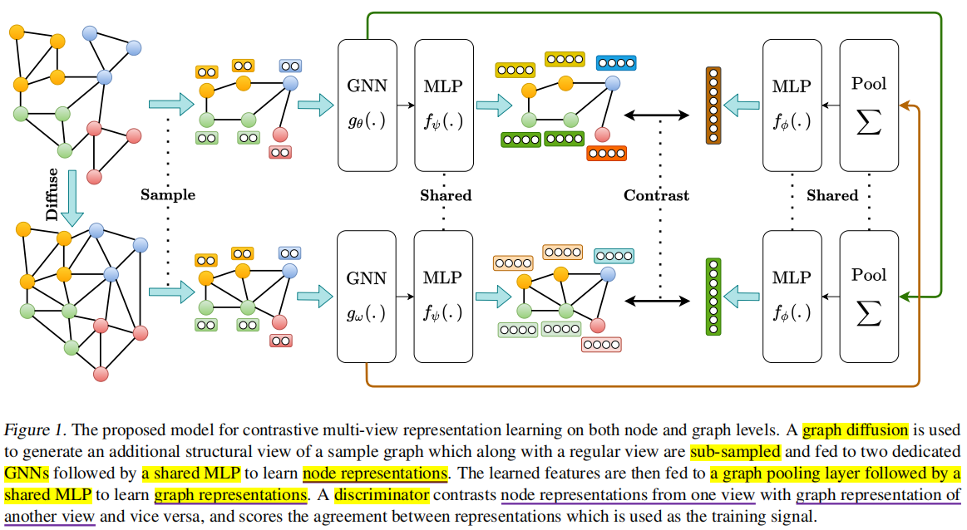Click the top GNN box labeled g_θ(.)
[367, 104]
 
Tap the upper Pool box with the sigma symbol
[869, 104]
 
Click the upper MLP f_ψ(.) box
[443, 104]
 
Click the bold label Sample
[167, 194]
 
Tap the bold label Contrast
[656, 195]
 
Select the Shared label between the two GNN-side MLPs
[445, 195]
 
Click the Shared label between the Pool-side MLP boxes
[831, 195]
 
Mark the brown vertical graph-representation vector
[712, 105]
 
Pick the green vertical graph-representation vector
[712, 297]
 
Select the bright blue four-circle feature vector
[615, 62]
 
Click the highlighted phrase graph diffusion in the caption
[856, 430]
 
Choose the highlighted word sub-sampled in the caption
[734, 453]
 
